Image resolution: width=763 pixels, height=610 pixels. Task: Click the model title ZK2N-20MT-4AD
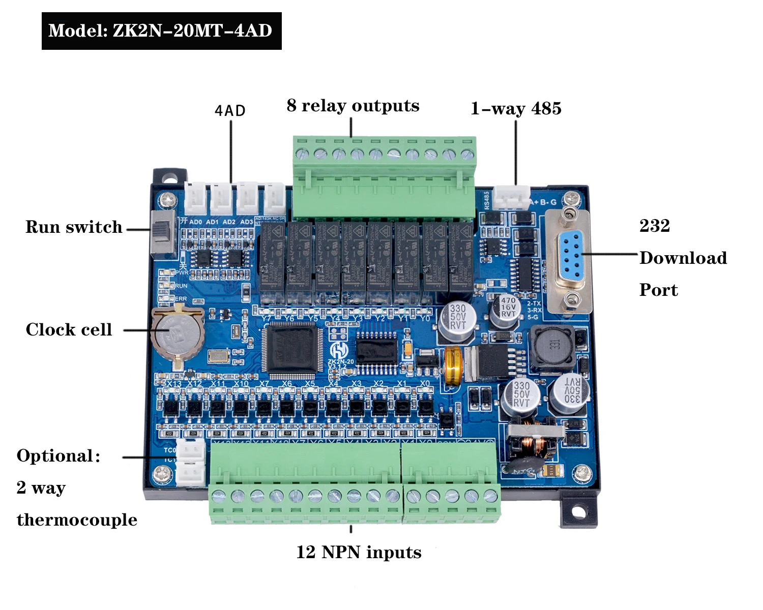pyautogui.click(x=161, y=30)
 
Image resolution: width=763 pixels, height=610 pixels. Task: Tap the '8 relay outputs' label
pyautogui.click(x=353, y=105)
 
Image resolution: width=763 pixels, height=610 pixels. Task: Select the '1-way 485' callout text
pyautogui.click(x=516, y=108)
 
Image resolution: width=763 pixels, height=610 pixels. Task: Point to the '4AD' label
pyautogui.click(x=230, y=111)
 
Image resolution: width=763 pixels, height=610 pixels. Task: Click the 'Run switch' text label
pyautogui.click(x=74, y=227)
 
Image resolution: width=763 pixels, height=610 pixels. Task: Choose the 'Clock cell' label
pyautogui.click(x=69, y=329)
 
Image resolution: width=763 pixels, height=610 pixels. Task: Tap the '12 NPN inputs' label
pyautogui.click(x=359, y=552)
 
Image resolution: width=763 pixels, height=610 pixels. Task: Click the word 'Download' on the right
pyautogui.click(x=683, y=258)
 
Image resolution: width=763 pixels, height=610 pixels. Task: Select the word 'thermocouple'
pyautogui.click(x=77, y=520)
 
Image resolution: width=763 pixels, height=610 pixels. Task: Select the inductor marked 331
pyautogui.click(x=552, y=346)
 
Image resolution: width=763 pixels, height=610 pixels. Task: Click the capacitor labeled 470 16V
pyautogui.click(x=506, y=309)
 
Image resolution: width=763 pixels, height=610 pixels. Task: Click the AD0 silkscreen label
pyautogui.click(x=195, y=222)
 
